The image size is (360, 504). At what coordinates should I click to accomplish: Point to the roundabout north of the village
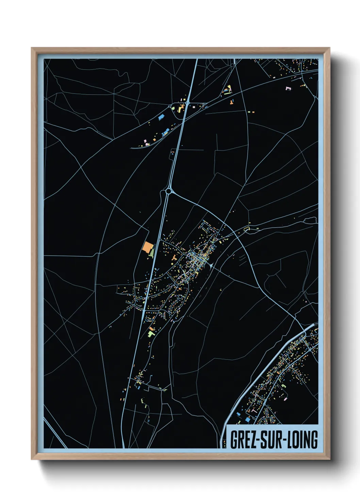coord(168,192)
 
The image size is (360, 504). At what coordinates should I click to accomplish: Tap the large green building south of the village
coord(151,334)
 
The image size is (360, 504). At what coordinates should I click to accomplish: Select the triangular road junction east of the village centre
coord(211,265)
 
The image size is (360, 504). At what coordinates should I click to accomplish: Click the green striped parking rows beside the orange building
coord(152,252)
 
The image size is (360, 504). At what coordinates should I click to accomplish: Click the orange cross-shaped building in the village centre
coord(174,258)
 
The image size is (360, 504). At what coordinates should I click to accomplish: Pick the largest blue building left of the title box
coord(239,414)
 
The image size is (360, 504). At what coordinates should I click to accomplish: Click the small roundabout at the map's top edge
coord(233,64)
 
